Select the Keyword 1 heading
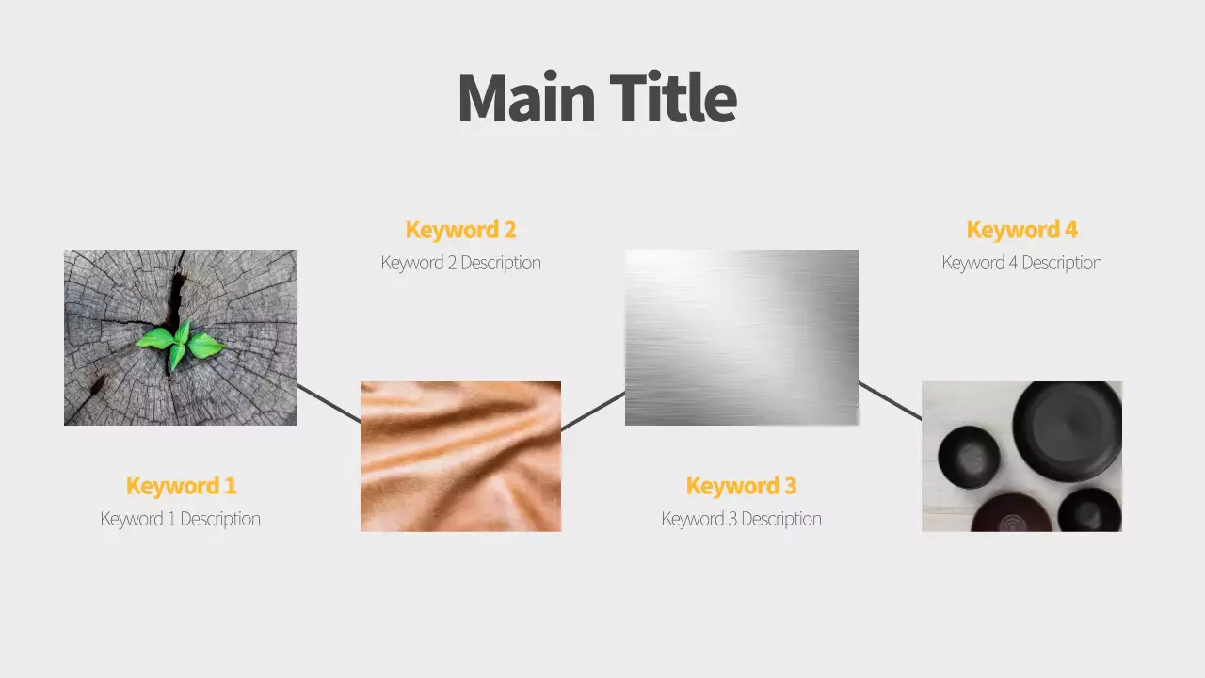pos(181,486)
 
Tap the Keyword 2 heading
pos(460,230)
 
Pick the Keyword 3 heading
pos(741,486)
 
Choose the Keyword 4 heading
pos(1021,230)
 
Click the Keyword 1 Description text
pos(181,519)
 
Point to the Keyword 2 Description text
pos(460,263)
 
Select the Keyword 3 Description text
pos(741,519)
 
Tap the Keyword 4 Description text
pos(1021,263)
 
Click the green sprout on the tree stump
pos(180,344)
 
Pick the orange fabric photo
pos(460,457)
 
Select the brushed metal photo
pos(742,337)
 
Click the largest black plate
pos(1067,432)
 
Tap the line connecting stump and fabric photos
pos(329,403)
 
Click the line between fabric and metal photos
pos(593,412)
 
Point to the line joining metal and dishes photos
pos(890,400)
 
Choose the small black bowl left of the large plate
pos(969,457)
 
